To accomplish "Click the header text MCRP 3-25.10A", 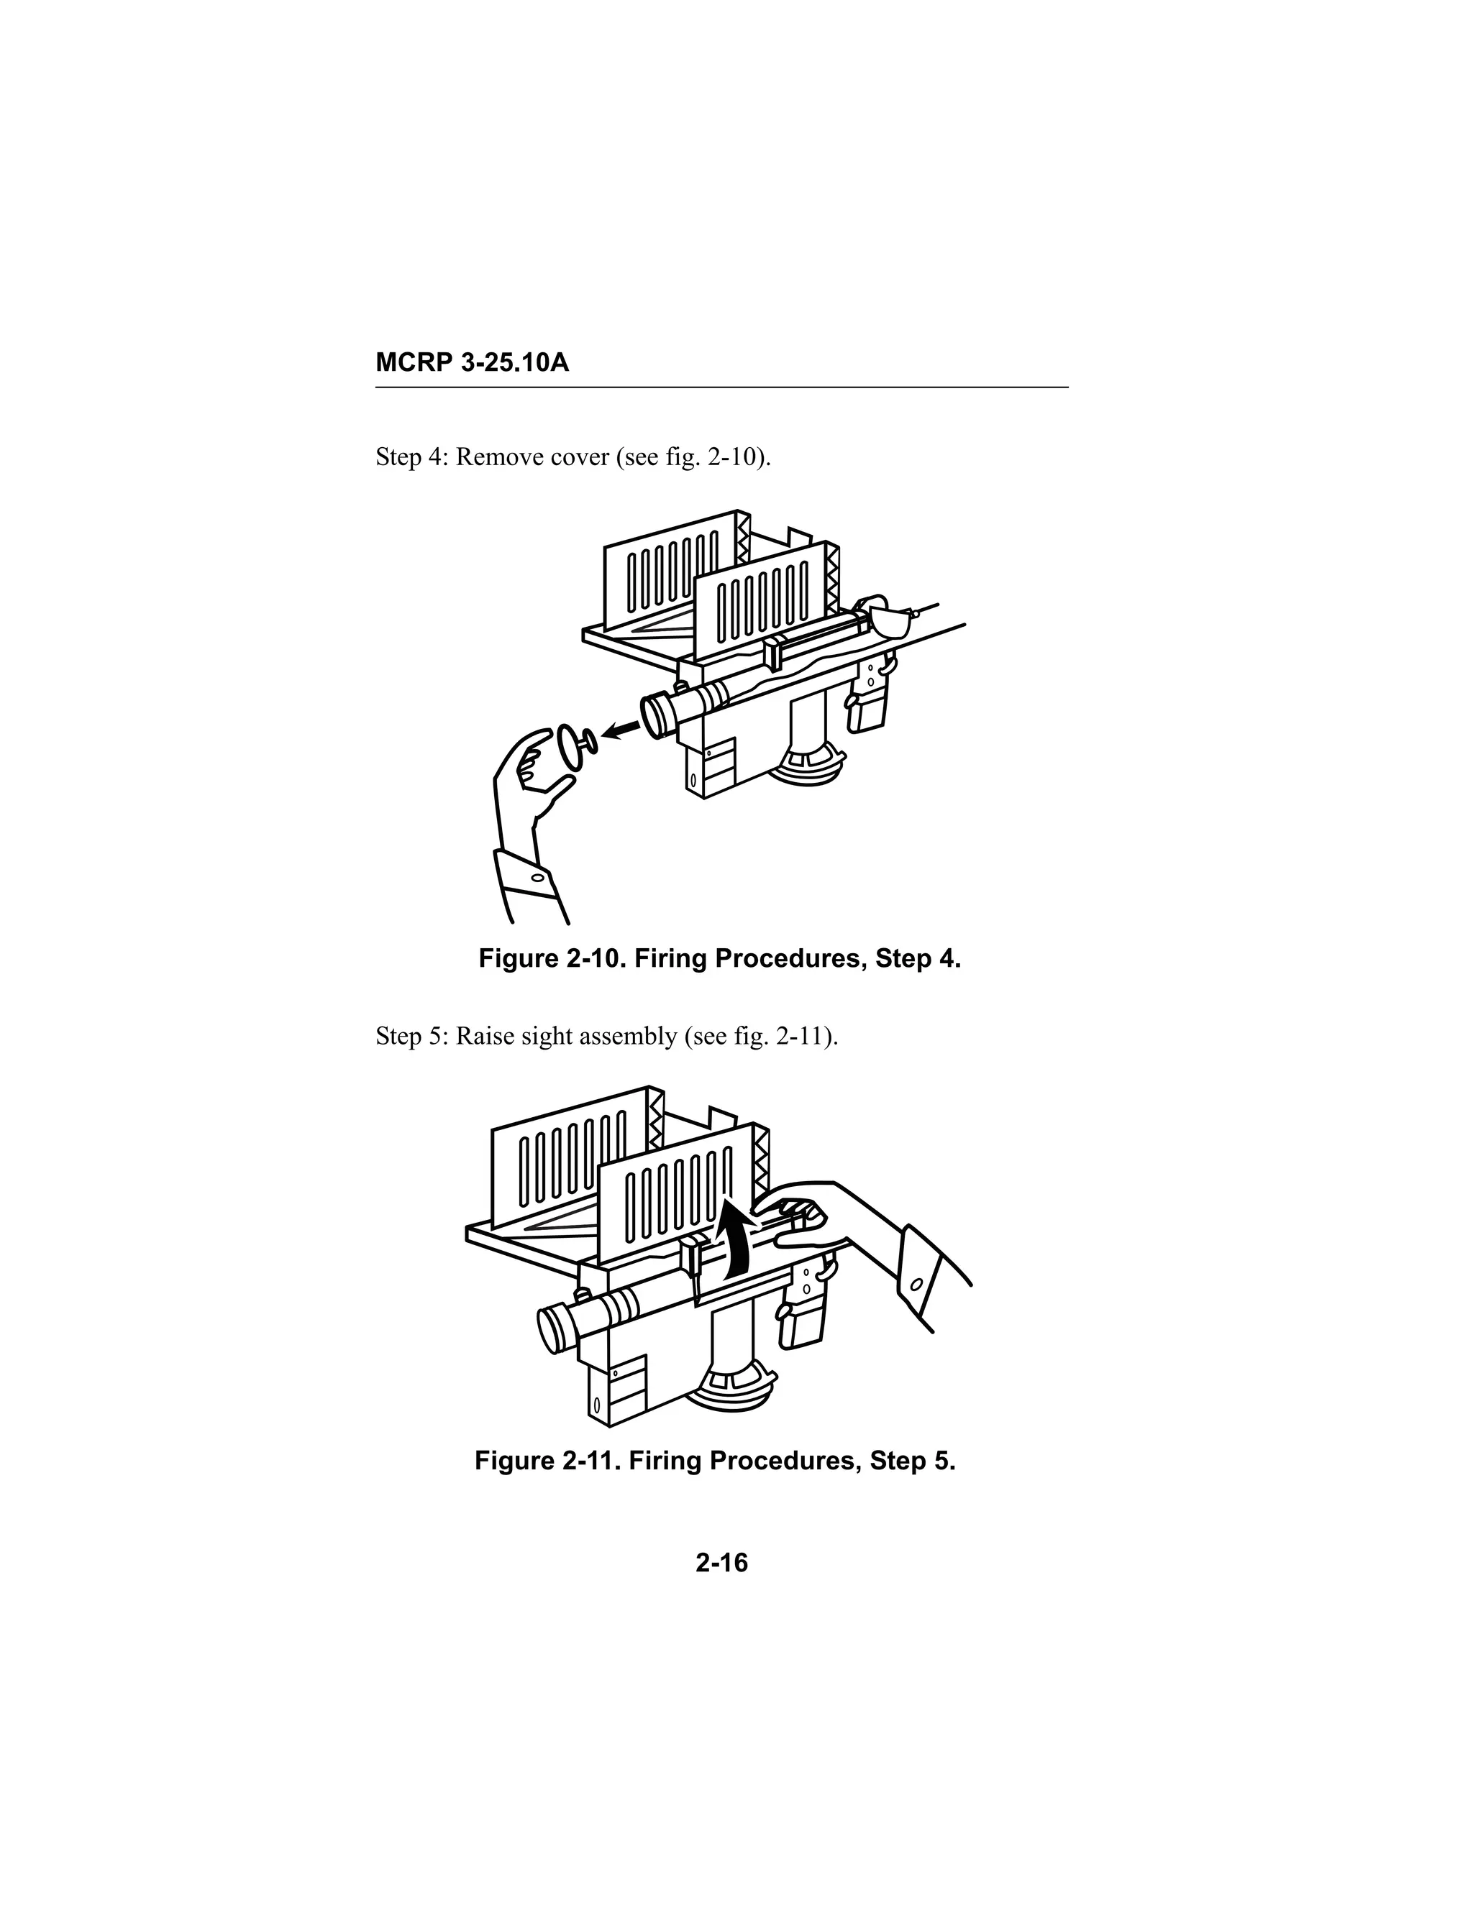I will (472, 363).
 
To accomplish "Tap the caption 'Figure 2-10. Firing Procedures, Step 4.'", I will (719, 960).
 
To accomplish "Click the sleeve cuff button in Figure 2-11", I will (916, 1286).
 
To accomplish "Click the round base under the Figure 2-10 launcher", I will (811, 766).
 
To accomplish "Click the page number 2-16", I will (721, 1563).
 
